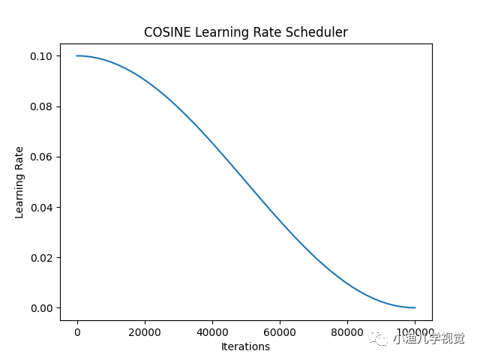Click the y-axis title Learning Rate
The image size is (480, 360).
19,182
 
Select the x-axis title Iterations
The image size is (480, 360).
245,346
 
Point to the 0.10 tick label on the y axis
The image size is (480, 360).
42,56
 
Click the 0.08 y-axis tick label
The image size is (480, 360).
42,106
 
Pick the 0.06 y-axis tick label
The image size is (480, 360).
42,157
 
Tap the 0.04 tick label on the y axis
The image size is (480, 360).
42,207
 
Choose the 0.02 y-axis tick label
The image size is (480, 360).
42,257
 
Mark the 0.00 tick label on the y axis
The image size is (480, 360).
42,307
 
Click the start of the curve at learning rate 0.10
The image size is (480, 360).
76,55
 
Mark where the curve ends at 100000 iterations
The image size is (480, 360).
415,307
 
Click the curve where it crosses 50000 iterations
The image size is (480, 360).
245,181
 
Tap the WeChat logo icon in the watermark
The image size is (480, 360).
380,339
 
